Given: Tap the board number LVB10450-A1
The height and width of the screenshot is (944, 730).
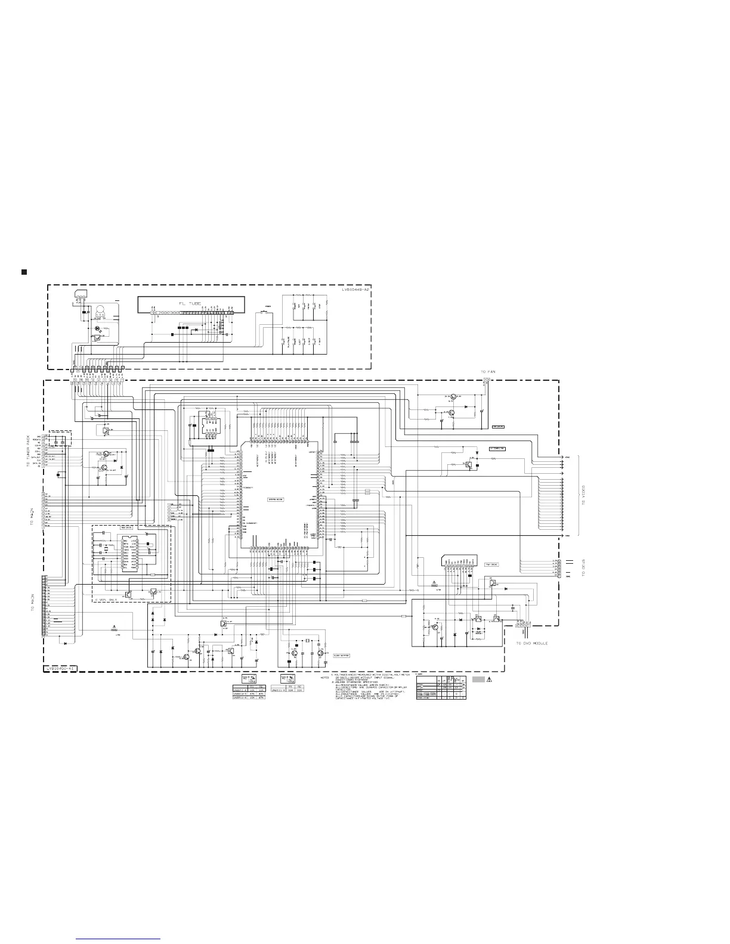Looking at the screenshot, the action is click(x=61, y=669).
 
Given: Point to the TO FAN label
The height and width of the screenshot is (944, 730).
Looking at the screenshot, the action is click(x=488, y=372).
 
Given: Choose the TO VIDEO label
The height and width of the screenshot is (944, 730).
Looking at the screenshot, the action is click(x=584, y=494).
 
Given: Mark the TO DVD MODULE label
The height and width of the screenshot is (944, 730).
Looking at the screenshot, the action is click(x=532, y=643).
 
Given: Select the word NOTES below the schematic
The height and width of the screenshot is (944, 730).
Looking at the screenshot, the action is click(x=324, y=678).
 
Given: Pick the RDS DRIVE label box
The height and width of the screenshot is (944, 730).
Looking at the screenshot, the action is click(x=126, y=527).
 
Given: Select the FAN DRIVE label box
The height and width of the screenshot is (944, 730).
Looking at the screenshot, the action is click(x=499, y=427).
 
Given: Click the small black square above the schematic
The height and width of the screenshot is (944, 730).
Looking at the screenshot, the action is click(x=24, y=272).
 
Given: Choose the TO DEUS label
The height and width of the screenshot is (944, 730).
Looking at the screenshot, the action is click(x=584, y=567).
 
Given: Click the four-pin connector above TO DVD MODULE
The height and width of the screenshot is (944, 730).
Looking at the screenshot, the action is click(x=523, y=623).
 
